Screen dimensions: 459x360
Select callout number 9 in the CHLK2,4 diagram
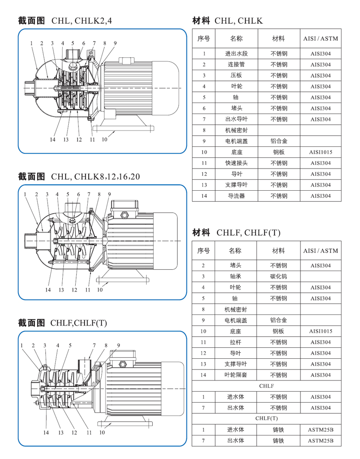(x=115, y=44)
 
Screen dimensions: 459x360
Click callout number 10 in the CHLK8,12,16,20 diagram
(x=100, y=290)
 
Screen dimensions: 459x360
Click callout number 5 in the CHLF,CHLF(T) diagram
(x=70, y=345)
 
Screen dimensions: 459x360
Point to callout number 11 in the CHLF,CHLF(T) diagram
(x=89, y=433)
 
